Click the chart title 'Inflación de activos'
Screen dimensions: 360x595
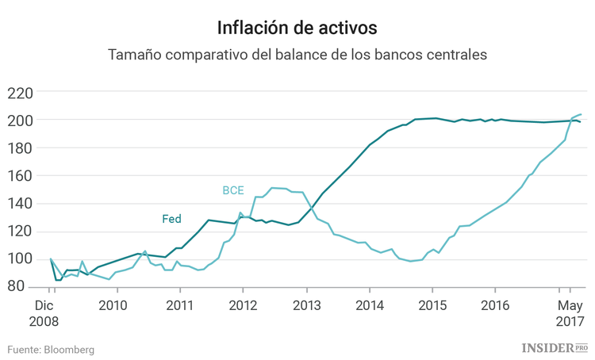coord(297,28)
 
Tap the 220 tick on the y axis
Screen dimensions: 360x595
coord(19,93)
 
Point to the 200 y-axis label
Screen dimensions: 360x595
coord(19,121)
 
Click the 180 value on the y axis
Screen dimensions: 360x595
coord(19,148)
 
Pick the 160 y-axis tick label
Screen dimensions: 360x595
coord(19,176)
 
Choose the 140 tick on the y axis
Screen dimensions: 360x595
coord(19,204)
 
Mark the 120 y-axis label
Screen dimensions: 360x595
coord(19,232)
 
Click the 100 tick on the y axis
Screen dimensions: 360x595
coord(19,259)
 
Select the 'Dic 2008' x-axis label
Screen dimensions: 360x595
coord(44,313)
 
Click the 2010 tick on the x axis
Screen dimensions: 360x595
coord(114,305)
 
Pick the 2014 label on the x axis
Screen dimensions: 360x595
coord(369,305)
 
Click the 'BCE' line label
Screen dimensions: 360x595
coord(233,191)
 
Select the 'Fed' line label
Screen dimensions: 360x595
coord(171,219)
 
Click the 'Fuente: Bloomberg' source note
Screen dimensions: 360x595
coord(52,349)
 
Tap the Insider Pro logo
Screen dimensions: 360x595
coord(555,348)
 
